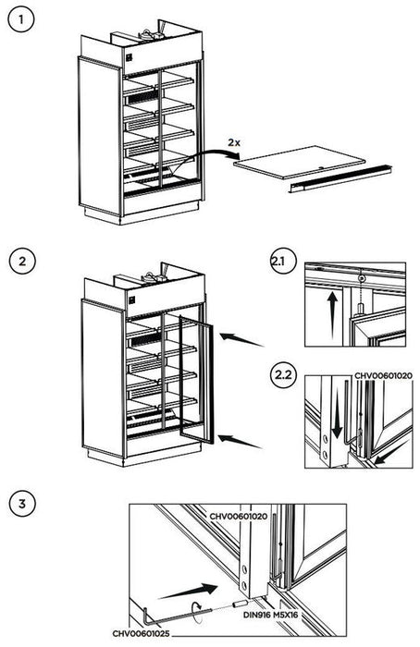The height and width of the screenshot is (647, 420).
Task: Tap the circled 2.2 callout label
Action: pos(283,378)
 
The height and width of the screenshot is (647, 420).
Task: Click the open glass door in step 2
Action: pos(194,382)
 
